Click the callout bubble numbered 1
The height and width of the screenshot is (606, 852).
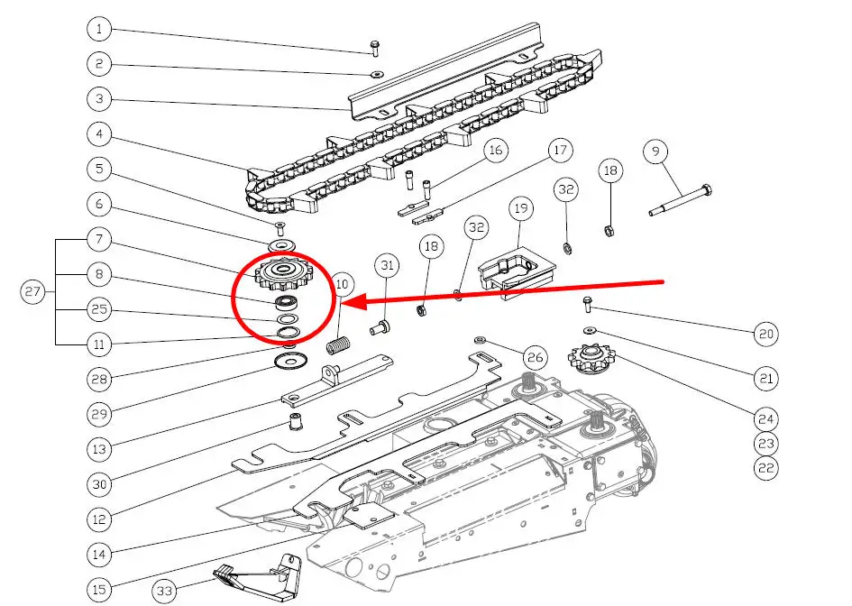[99, 30]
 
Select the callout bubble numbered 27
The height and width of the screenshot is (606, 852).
[32, 291]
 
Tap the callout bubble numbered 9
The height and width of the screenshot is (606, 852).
[655, 151]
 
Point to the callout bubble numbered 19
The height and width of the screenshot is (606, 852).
[521, 210]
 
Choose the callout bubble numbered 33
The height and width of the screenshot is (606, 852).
[164, 591]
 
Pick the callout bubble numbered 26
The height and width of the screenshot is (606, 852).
[536, 359]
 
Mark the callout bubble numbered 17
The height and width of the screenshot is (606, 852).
[560, 150]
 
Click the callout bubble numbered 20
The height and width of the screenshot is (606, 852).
[765, 334]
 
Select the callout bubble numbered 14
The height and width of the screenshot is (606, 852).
[99, 554]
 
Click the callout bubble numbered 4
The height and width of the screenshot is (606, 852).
[99, 134]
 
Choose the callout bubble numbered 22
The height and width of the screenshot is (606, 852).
[765, 468]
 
